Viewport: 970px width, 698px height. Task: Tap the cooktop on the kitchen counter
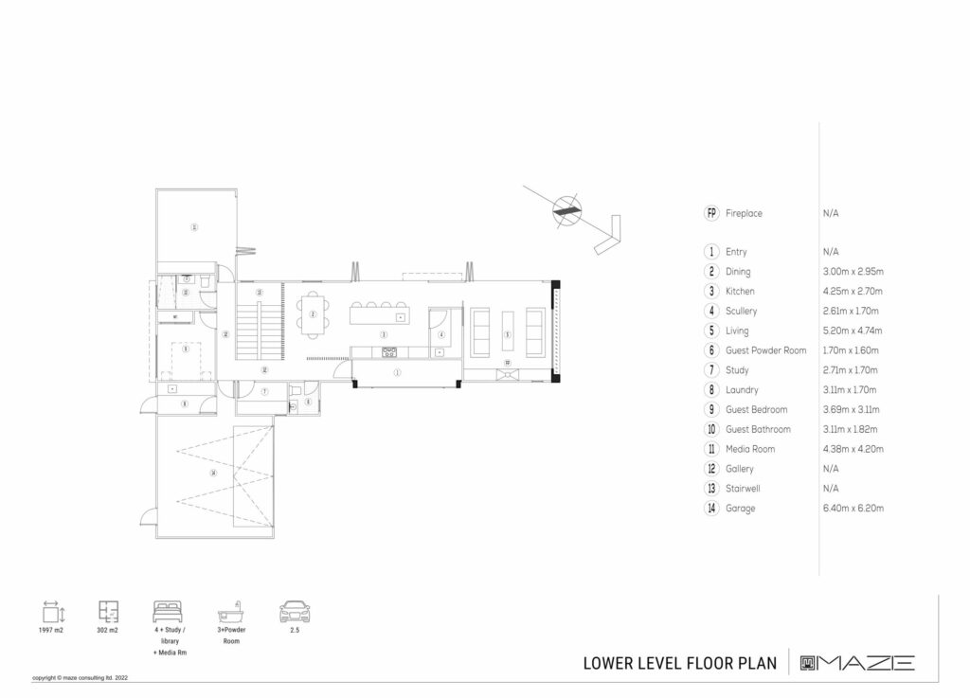click(388, 352)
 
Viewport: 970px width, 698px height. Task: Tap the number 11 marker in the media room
click(193, 227)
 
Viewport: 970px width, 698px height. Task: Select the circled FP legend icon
click(711, 213)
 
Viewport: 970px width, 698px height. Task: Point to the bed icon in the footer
click(169, 611)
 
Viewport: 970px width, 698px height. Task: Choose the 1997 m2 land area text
click(51, 631)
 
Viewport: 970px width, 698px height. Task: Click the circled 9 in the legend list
click(711, 410)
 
